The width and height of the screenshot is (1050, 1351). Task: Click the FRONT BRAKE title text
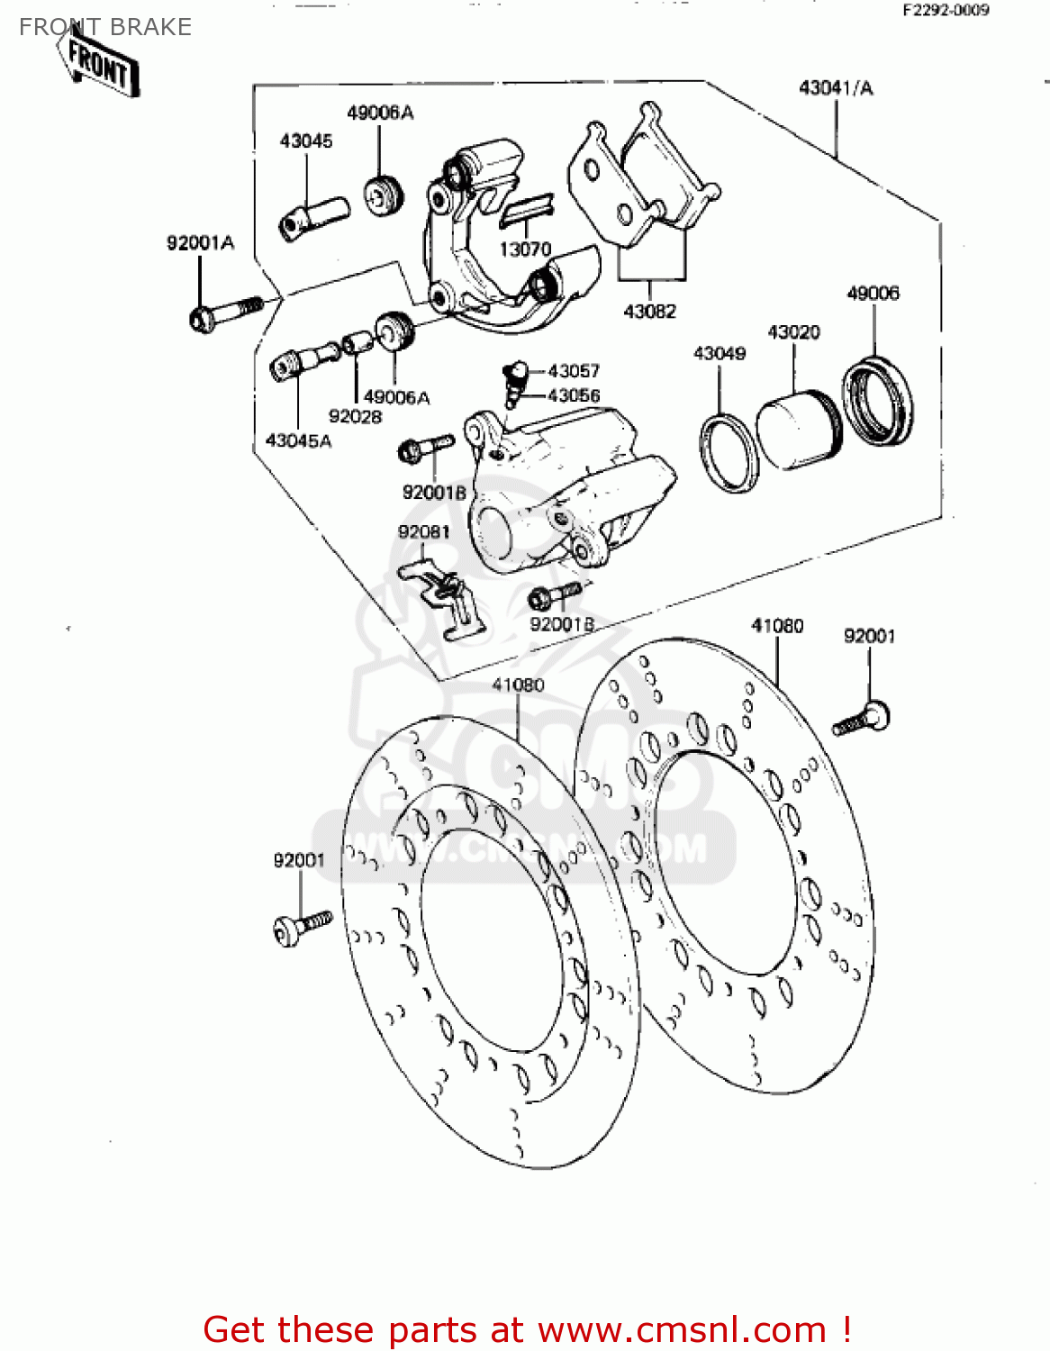click(105, 27)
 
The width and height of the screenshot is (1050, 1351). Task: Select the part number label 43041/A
click(836, 88)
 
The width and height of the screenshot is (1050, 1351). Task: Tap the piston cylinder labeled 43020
click(797, 429)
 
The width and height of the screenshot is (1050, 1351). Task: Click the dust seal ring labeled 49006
click(877, 401)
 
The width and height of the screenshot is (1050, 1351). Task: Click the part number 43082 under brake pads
click(649, 311)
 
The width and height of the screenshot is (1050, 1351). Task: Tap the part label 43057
click(574, 371)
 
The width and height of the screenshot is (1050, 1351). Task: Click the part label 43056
click(574, 395)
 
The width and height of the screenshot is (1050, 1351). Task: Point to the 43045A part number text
click(298, 440)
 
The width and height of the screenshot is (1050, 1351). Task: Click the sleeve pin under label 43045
click(312, 217)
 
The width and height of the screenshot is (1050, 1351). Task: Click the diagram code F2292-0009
click(946, 10)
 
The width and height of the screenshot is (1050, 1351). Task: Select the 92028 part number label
click(355, 416)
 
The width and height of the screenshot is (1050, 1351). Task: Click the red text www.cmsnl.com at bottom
click(682, 1329)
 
